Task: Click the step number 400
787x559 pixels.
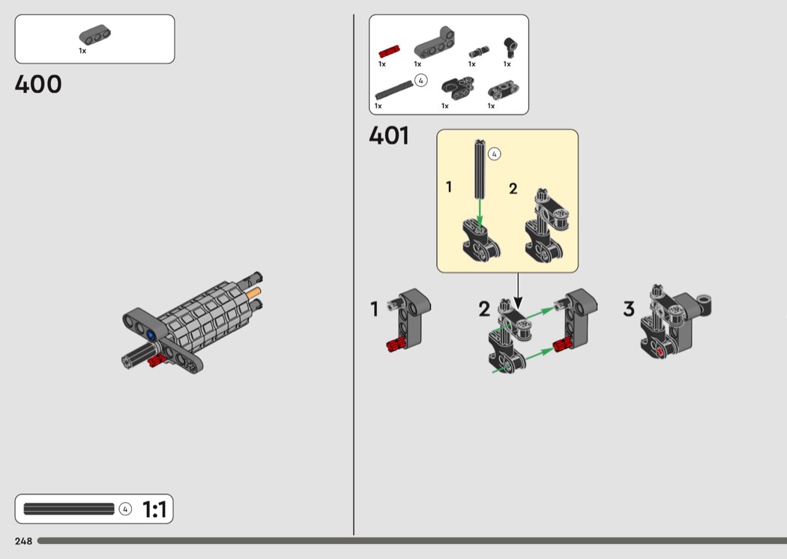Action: [x=38, y=85]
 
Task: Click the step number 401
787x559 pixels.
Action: [x=389, y=136]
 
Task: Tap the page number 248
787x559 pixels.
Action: [x=23, y=541]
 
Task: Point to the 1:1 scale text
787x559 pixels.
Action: [x=154, y=510]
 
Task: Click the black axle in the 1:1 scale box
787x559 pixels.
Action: [x=69, y=509]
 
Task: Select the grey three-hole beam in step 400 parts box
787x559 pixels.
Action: [x=95, y=34]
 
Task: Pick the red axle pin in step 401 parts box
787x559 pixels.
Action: [x=389, y=51]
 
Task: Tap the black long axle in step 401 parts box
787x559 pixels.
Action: [x=394, y=90]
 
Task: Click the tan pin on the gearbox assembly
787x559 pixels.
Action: [x=253, y=292]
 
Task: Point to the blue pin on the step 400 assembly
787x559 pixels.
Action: [x=151, y=335]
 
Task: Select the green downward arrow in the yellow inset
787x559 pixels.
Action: [x=480, y=214]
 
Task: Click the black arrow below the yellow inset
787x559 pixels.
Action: [x=518, y=291]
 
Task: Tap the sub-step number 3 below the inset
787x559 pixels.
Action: [x=629, y=309]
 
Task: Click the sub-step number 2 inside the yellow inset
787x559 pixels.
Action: [x=513, y=189]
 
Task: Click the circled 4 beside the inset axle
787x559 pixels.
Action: [x=495, y=154]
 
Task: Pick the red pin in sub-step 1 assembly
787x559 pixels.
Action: [x=396, y=345]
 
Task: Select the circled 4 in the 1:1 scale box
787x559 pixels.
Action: [x=125, y=510]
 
